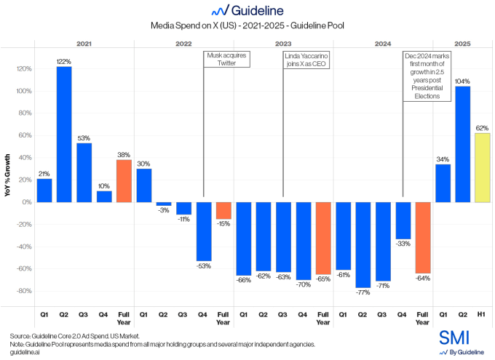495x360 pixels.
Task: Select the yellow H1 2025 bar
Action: [482, 167]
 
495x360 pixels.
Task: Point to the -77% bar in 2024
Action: [362, 244]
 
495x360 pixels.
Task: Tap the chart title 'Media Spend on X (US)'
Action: [247, 25]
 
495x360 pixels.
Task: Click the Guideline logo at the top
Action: [247, 10]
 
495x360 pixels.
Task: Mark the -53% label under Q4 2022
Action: [203, 265]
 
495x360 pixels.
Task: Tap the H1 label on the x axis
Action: [482, 315]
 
